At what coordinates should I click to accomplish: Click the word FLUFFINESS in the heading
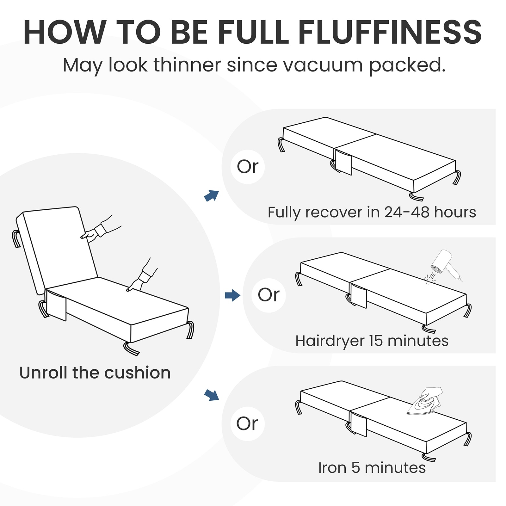(390, 32)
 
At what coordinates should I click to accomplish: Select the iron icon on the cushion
(425, 401)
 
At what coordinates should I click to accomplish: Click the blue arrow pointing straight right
(232, 296)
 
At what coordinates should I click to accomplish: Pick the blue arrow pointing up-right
(212, 195)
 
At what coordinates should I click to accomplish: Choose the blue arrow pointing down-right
(212, 395)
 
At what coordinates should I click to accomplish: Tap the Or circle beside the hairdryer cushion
(269, 295)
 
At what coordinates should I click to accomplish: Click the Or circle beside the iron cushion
(247, 424)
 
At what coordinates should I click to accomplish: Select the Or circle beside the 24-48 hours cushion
(248, 167)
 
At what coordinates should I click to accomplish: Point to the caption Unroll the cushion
(95, 373)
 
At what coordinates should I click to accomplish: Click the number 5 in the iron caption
(355, 468)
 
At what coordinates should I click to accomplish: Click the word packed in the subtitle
(407, 65)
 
